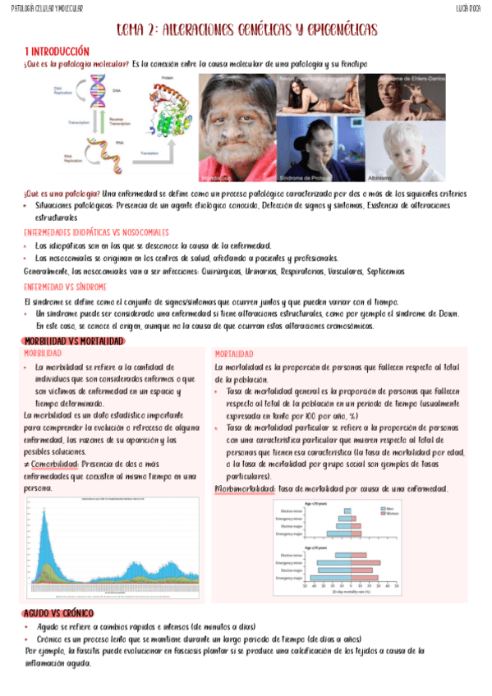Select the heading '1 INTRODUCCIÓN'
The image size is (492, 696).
click(x=57, y=51)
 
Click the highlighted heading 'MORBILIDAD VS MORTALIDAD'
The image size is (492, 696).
click(x=74, y=341)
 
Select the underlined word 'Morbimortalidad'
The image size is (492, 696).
click(x=244, y=488)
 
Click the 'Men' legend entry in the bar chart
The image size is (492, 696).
click(x=390, y=508)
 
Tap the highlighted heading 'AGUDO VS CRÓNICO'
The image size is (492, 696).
click(x=59, y=614)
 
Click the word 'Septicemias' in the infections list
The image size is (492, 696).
click(x=380, y=270)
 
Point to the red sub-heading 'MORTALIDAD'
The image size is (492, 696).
click(x=234, y=353)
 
